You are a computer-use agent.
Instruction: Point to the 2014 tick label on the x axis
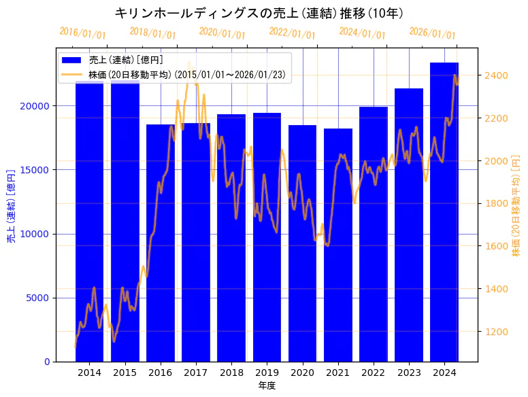click(x=89, y=373)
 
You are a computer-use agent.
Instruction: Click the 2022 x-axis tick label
click(x=374, y=373)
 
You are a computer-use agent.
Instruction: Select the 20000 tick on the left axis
click(x=36, y=106)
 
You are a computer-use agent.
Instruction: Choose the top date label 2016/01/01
click(x=82, y=33)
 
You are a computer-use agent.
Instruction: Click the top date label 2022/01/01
click(x=292, y=33)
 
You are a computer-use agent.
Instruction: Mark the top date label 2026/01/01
click(x=432, y=33)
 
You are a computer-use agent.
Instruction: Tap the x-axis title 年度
click(x=267, y=385)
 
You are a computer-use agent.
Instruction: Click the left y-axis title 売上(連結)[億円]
click(x=11, y=206)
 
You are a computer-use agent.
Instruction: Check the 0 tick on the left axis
click(x=47, y=362)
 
